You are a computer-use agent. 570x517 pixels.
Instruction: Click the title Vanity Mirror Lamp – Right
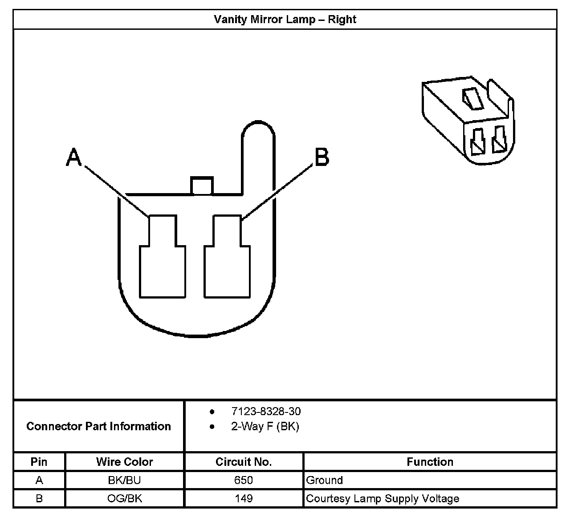pyautogui.click(x=285, y=20)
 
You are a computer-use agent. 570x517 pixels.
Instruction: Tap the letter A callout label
pyautogui.click(x=74, y=158)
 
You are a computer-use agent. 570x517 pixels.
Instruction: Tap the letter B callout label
pyautogui.click(x=322, y=157)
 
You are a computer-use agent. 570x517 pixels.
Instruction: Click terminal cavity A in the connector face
pyautogui.click(x=163, y=258)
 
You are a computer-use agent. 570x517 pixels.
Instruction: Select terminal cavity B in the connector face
pyautogui.click(x=227, y=258)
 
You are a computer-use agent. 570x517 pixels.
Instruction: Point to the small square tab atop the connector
pyautogui.click(x=202, y=186)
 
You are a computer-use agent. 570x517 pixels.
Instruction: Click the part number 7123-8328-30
pyautogui.click(x=266, y=412)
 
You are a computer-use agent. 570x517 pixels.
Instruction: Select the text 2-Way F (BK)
pyautogui.click(x=265, y=427)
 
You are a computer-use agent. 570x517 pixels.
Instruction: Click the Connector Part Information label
pyautogui.click(x=98, y=426)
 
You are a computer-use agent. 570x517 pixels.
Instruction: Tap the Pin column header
pyautogui.click(x=39, y=462)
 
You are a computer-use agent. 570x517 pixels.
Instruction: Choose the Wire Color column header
pyautogui.click(x=125, y=462)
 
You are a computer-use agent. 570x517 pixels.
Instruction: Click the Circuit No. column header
pyautogui.click(x=244, y=462)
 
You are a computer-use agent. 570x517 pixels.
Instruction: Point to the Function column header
pyautogui.click(x=430, y=462)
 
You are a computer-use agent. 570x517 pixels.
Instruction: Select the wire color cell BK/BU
pyautogui.click(x=125, y=480)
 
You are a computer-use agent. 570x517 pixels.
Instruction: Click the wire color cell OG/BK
pyautogui.click(x=125, y=498)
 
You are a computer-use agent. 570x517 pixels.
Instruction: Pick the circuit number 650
pyautogui.click(x=244, y=480)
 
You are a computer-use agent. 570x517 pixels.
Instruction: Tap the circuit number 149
pyautogui.click(x=244, y=498)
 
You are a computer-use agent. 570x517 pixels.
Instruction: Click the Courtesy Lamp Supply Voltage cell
pyautogui.click(x=383, y=498)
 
